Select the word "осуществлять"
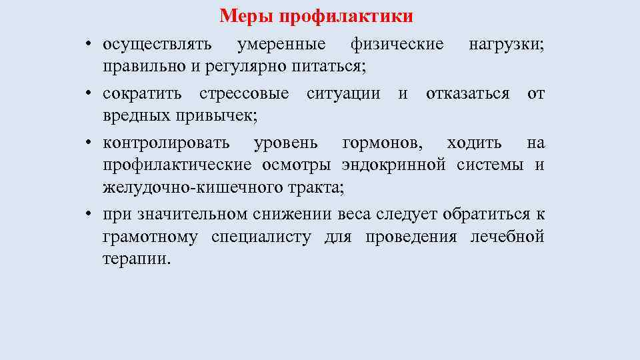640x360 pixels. (157, 45)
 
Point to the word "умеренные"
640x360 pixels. (282, 45)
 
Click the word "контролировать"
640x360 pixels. (166, 143)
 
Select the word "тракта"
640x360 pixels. (317, 187)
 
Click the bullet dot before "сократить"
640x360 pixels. (88, 94)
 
